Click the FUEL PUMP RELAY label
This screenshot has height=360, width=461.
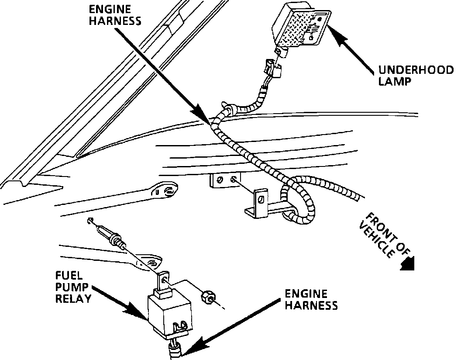coord(73,287)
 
